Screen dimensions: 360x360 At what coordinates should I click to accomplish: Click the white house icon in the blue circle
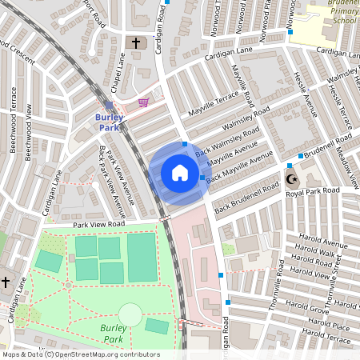[x=180, y=173]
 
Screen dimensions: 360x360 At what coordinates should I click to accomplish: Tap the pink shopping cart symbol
[x=143, y=102]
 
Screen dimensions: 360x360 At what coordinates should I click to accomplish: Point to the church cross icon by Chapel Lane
[x=135, y=42]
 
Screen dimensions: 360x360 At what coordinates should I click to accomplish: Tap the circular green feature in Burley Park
[x=130, y=314]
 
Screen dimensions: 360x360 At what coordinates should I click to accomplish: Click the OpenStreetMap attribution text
[x=81, y=354]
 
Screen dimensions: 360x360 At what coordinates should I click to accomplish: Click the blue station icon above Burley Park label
[x=109, y=105]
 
